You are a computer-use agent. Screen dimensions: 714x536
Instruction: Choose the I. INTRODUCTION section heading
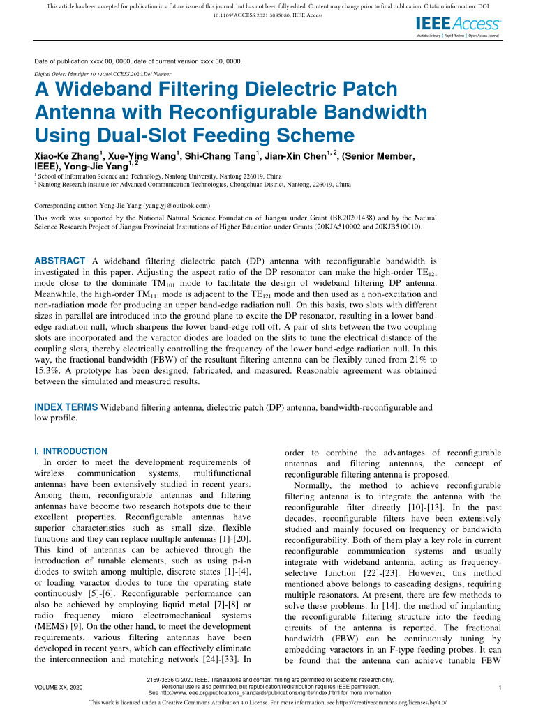tap(70, 451)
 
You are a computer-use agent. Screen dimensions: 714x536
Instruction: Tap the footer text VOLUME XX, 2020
tap(59, 688)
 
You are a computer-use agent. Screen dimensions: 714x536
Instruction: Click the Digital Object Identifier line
tap(103, 74)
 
